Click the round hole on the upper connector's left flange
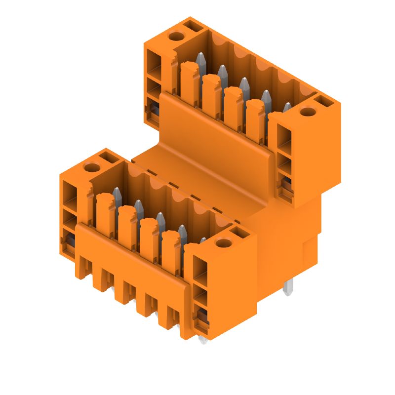[175, 36]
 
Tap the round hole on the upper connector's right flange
[308, 112]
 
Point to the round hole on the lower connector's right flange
[224, 243]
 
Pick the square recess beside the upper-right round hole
[324, 102]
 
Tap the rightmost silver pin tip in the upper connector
[287, 107]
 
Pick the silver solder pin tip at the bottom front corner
[202, 340]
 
